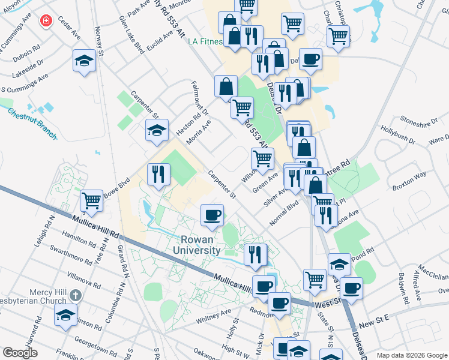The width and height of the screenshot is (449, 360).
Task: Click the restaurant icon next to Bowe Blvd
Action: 158,175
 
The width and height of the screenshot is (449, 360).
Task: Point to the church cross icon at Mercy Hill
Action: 74,295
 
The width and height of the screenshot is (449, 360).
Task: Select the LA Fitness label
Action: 205,42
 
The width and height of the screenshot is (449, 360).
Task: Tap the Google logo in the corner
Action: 20,353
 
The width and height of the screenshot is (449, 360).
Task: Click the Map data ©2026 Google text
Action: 412,355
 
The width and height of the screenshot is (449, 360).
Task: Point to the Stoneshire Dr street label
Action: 419,123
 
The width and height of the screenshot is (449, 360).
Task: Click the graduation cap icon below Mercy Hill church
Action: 65,315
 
